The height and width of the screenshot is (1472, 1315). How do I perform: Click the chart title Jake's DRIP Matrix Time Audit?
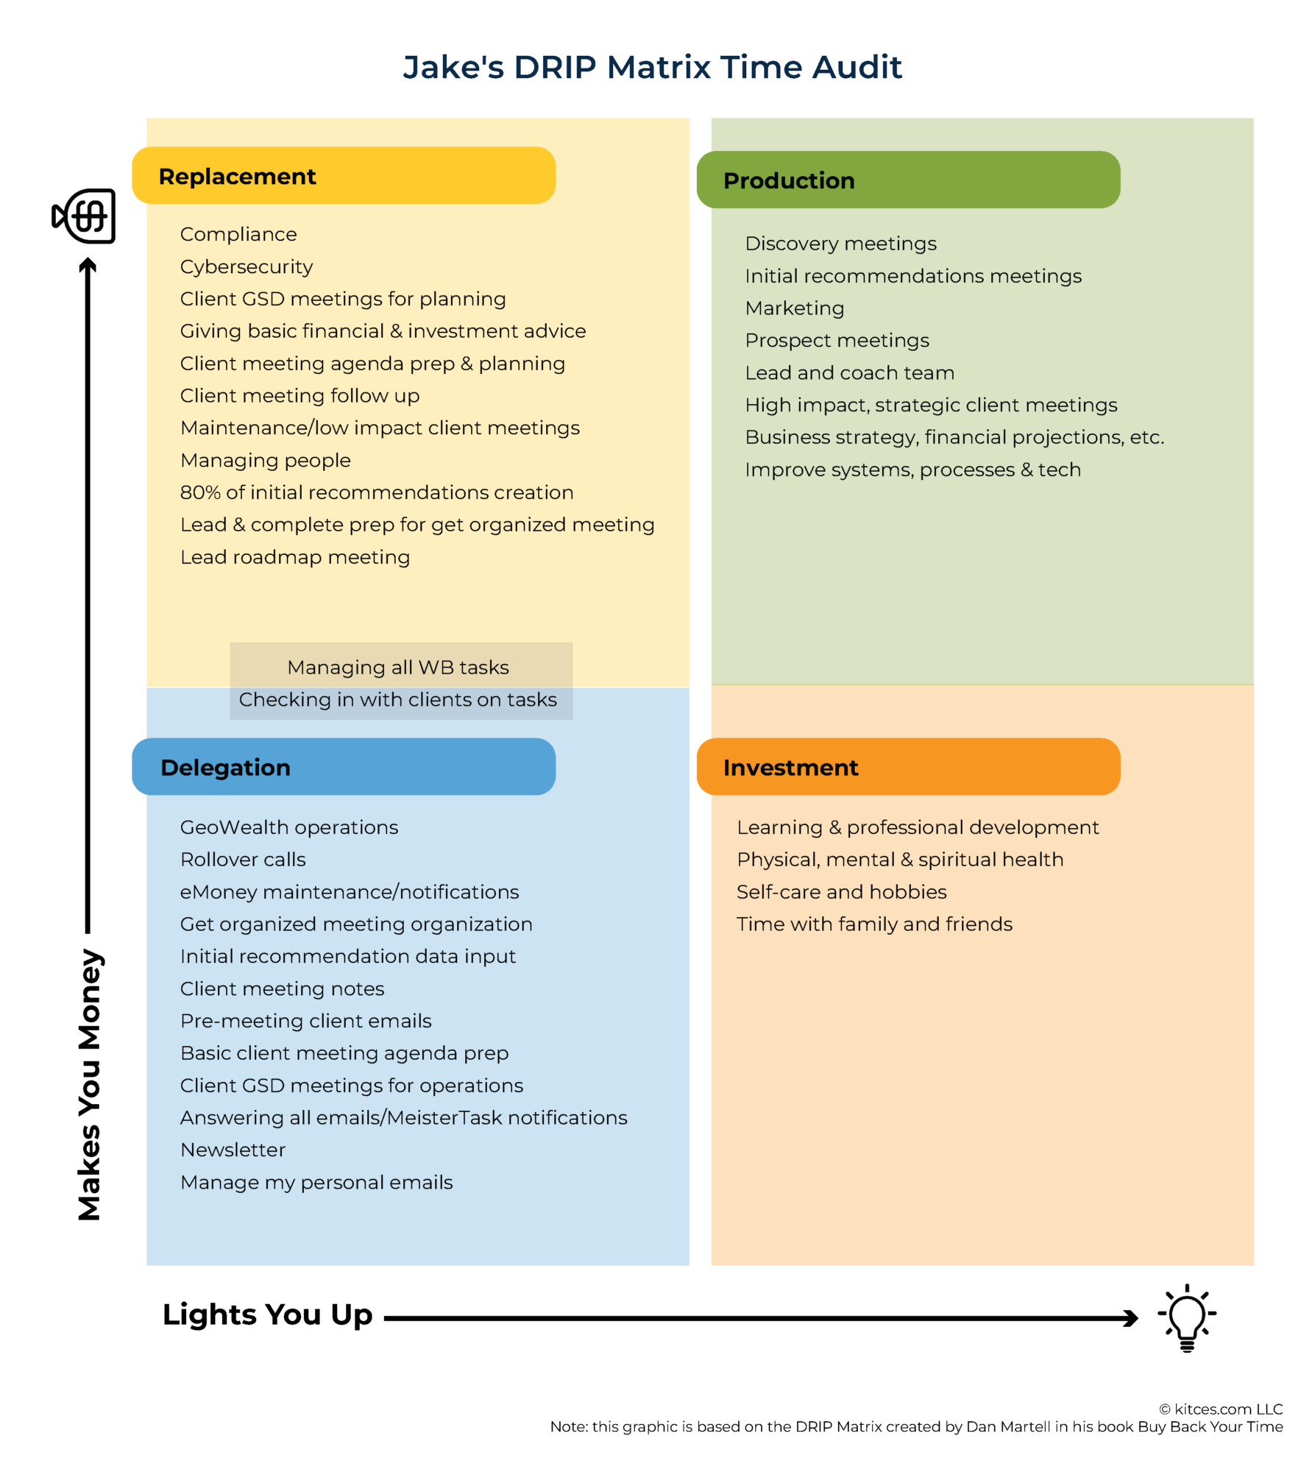click(x=652, y=67)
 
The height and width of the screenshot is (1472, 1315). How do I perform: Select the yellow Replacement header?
click(x=343, y=176)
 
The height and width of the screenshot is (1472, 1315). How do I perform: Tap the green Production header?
click(x=907, y=180)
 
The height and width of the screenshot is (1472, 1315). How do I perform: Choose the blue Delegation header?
click(x=343, y=767)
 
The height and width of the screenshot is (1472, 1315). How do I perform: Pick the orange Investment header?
click(x=907, y=767)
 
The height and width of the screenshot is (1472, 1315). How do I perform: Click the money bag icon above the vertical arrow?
click(x=85, y=216)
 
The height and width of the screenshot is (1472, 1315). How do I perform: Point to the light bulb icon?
click(x=1186, y=1318)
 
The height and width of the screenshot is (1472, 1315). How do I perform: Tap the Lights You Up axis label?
click(x=267, y=1314)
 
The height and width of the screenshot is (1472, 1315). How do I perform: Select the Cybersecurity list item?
click(x=247, y=266)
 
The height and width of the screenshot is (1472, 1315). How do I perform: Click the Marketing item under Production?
click(x=794, y=308)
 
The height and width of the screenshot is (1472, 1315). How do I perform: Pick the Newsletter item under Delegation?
click(x=233, y=1150)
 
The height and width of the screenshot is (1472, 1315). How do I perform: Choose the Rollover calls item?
click(x=243, y=860)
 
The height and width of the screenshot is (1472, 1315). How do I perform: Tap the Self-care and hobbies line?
click(x=841, y=892)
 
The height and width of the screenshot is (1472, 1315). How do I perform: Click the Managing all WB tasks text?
click(x=397, y=668)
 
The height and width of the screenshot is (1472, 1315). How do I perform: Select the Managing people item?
click(x=265, y=461)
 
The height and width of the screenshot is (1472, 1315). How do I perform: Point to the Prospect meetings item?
click(x=837, y=341)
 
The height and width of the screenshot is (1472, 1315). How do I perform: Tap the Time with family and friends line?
click(x=874, y=924)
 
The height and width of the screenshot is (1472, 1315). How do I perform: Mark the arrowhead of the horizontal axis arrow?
click(x=1131, y=1318)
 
